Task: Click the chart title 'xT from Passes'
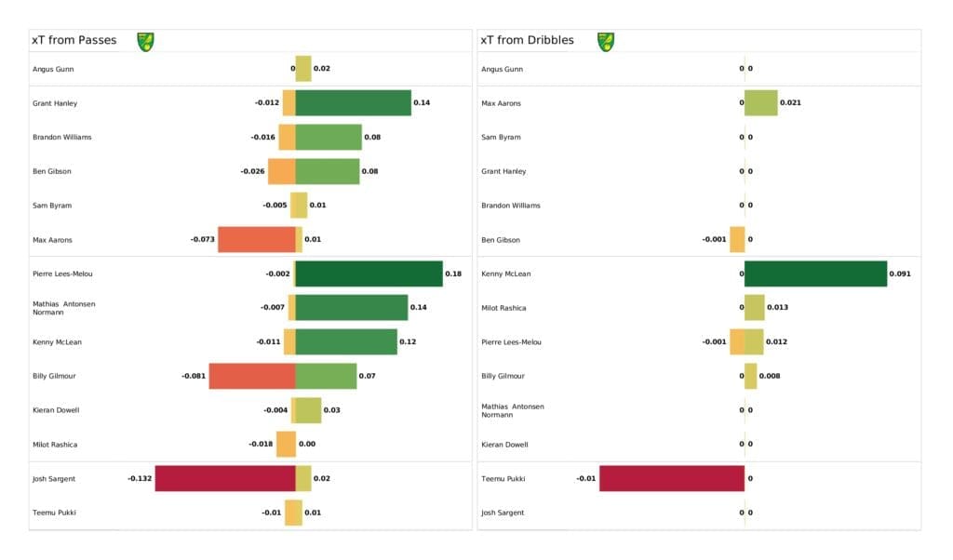point(74,40)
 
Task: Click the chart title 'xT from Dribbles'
point(527,40)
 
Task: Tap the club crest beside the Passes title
point(145,41)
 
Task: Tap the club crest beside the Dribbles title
point(606,41)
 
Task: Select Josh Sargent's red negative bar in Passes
point(224,478)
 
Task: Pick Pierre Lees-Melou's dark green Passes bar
point(369,273)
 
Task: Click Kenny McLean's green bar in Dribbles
point(815,273)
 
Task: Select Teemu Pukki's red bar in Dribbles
point(671,478)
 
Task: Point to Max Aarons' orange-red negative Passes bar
point(256,239)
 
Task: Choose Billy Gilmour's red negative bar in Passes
point(251,376)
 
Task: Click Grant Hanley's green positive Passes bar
point(353,102)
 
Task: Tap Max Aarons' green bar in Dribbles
point(760,102)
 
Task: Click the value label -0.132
point(140,478)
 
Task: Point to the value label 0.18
point(453,273)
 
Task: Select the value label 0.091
point(900,273)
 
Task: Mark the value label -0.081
point(194,376)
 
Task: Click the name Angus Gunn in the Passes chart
point(53,69)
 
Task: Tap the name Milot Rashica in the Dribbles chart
point(503,308)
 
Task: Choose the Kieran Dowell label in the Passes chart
point(56,410)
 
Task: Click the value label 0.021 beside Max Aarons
point(790,102)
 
